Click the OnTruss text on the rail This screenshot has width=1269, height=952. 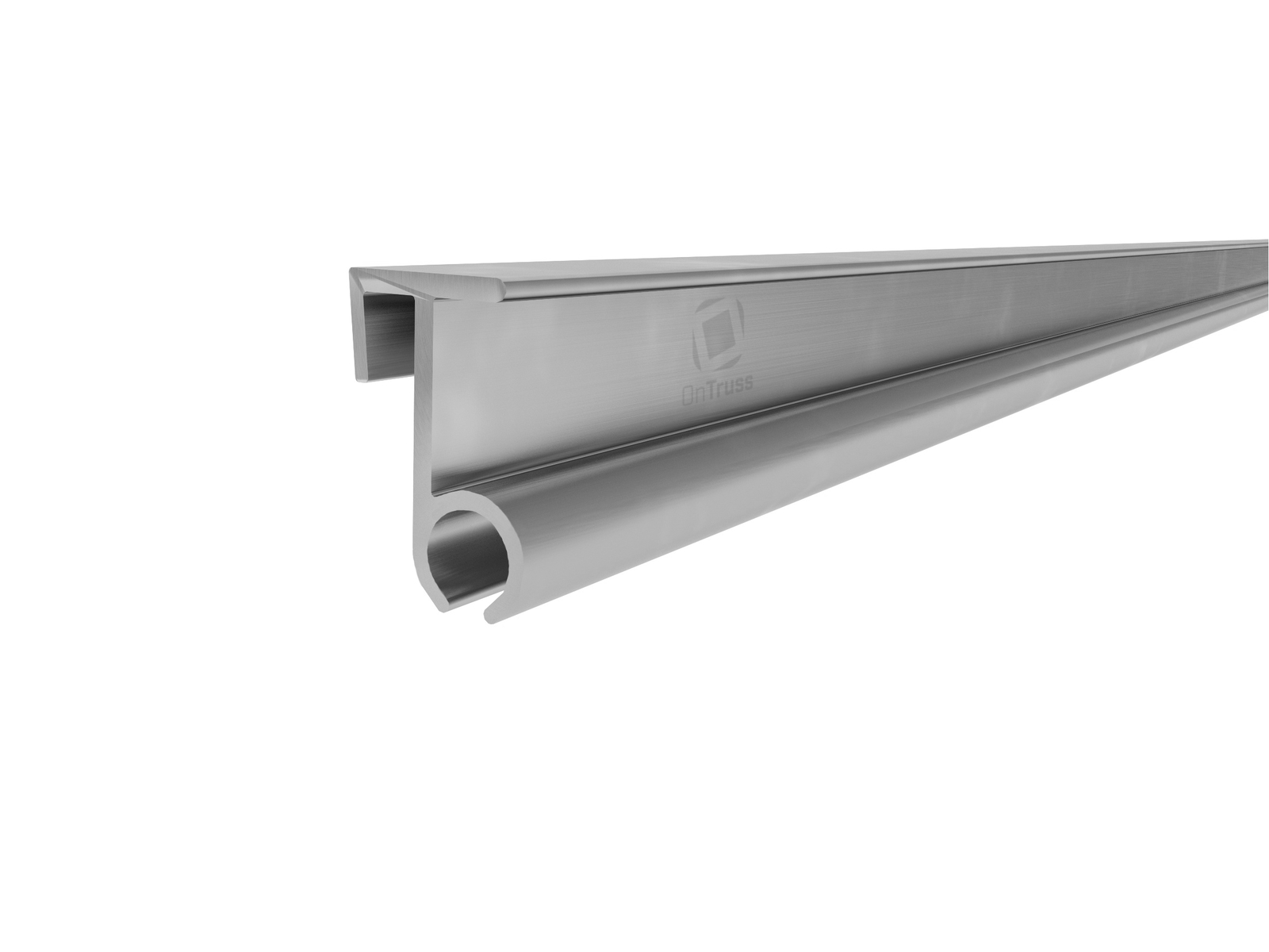717,393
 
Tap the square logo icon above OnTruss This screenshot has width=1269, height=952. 718,334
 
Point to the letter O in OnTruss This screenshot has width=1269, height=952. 689,395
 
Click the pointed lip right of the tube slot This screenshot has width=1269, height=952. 490,612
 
